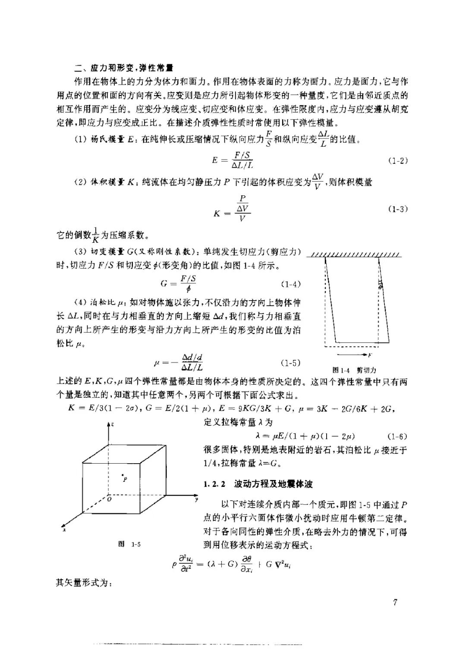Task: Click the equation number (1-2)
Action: point(397,161)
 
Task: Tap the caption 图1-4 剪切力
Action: point(355,370)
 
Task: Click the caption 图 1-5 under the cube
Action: point(129,544)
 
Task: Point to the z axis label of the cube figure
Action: point(112,424)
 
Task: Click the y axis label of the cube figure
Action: point(196,499)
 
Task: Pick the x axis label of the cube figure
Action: point(63,530)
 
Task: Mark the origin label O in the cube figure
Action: point(109,499)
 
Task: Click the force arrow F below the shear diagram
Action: point(358,355)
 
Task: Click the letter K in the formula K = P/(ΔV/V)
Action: point(217,213)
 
